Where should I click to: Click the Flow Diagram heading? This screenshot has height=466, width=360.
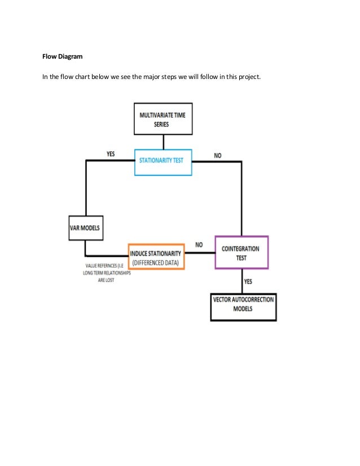[62, 56]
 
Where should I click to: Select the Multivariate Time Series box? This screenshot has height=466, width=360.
[162, 120]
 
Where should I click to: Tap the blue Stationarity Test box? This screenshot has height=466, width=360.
[163, 161]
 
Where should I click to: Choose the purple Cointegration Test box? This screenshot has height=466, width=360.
[242, 252]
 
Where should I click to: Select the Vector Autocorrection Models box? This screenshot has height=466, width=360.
[243, 305]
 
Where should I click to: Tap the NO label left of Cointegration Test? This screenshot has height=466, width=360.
[199, 245]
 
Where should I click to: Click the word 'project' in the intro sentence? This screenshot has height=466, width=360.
[248, 77]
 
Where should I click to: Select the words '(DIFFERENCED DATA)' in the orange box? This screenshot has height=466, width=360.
[156, 262]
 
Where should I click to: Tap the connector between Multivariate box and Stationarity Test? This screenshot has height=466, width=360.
[163, 142]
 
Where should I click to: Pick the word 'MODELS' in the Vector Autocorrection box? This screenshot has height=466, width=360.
[243, 309]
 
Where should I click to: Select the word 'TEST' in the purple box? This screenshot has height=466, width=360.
[242, 257]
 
